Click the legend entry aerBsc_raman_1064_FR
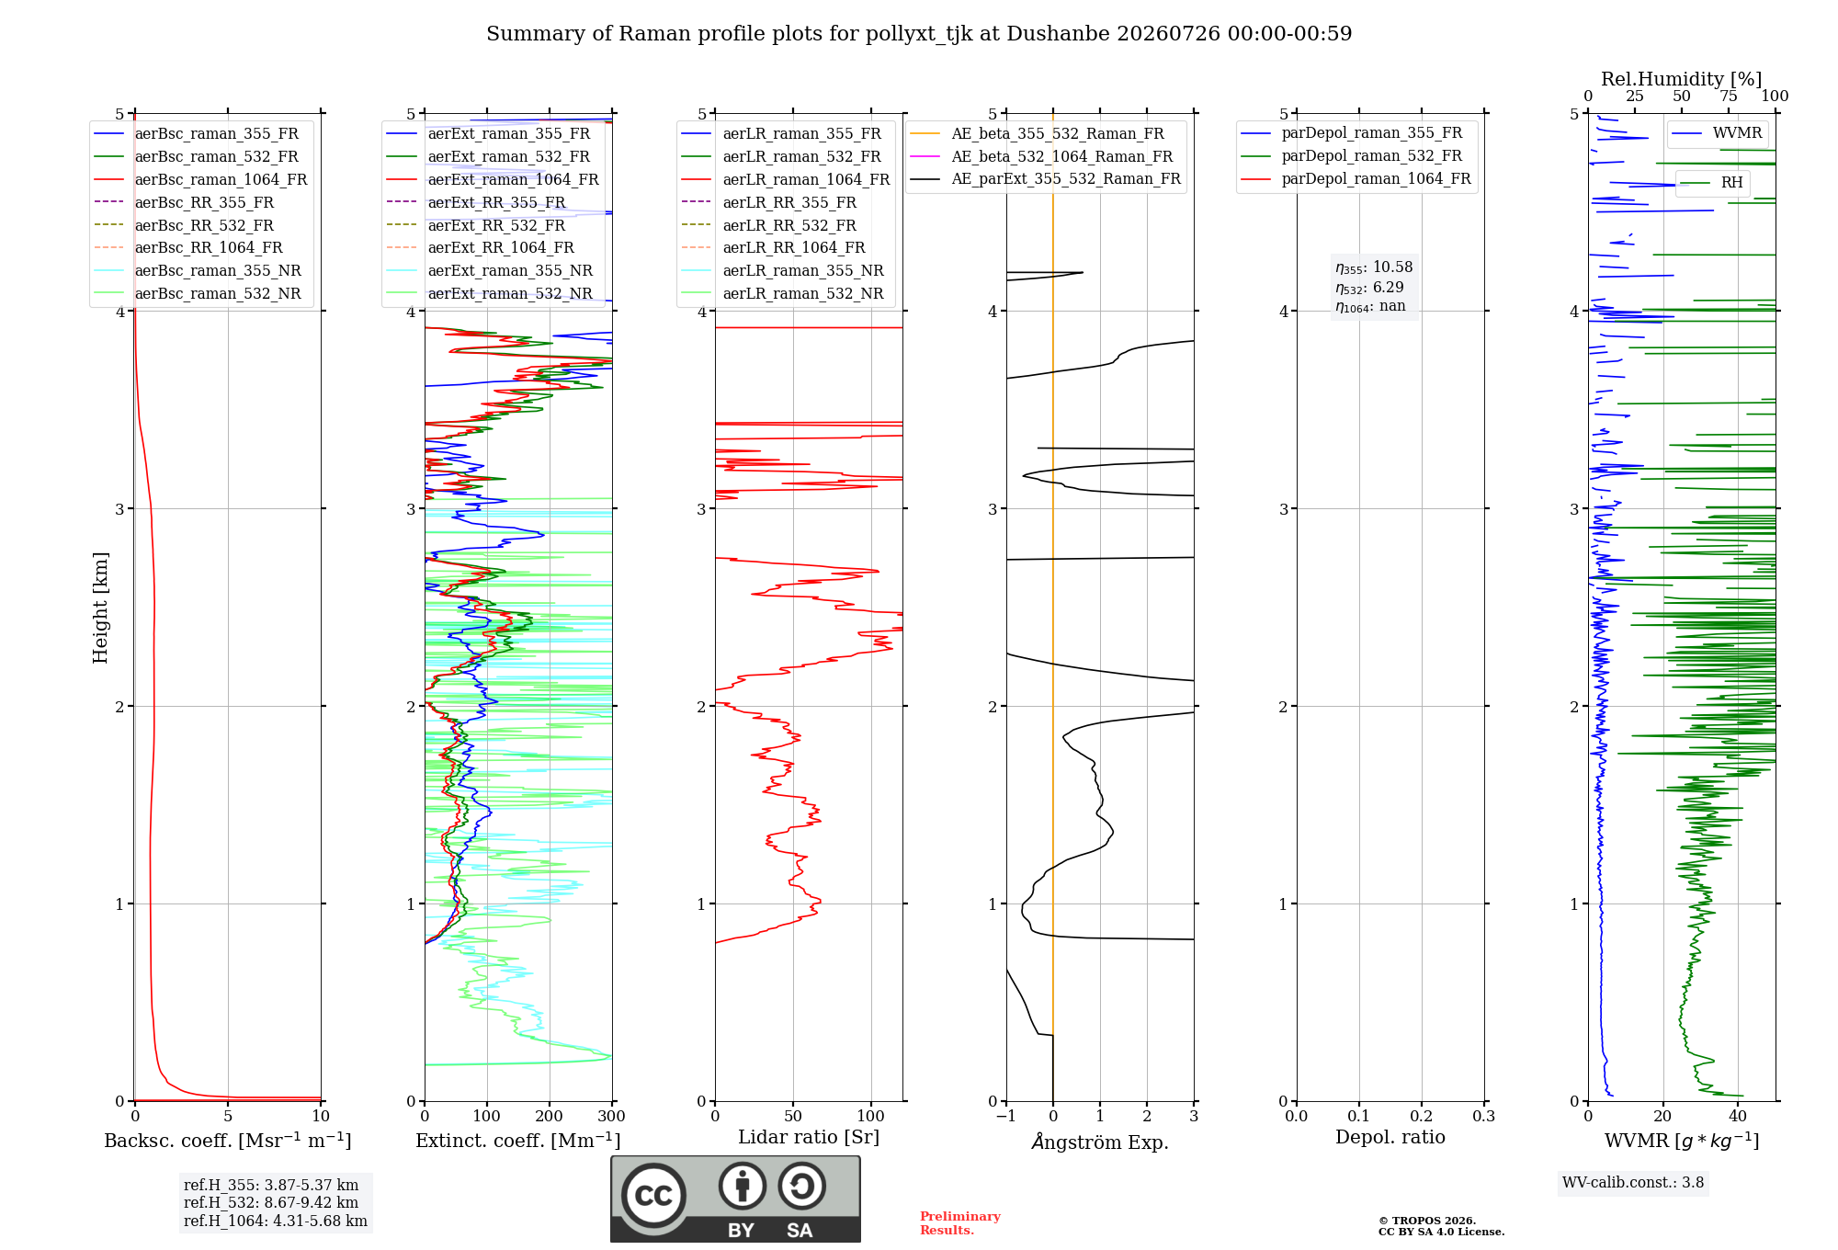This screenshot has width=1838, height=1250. coord(200,179)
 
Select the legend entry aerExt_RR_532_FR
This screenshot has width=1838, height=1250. coord(475,225)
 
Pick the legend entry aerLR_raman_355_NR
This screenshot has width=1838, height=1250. coord(782,270)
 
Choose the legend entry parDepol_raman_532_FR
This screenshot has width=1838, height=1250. coord(1351,156)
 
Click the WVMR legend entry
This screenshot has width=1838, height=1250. coord(1717,133)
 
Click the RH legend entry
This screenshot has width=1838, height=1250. coord(1711,183)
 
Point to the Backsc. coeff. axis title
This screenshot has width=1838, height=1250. coord(228,1140)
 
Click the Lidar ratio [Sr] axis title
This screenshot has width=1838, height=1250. coord(809,1137)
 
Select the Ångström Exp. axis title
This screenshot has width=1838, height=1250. coord(1100,1142)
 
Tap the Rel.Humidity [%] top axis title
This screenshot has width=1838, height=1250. coord(1681,79)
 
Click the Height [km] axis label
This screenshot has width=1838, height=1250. coord(100,608)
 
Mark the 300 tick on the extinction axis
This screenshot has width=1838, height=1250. coord(612,1116)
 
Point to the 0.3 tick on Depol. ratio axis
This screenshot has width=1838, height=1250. coord(1483,1116)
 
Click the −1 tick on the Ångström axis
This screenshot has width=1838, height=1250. coord(1006,1116)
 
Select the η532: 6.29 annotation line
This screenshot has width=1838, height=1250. coord(1369,287)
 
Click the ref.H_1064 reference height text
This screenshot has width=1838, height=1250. coord(276,1221)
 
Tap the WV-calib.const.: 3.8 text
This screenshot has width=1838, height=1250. coord(1633,1182)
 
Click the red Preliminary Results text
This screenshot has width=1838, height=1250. coord(960,1222)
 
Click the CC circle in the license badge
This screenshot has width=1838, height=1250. coord(653,1195)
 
